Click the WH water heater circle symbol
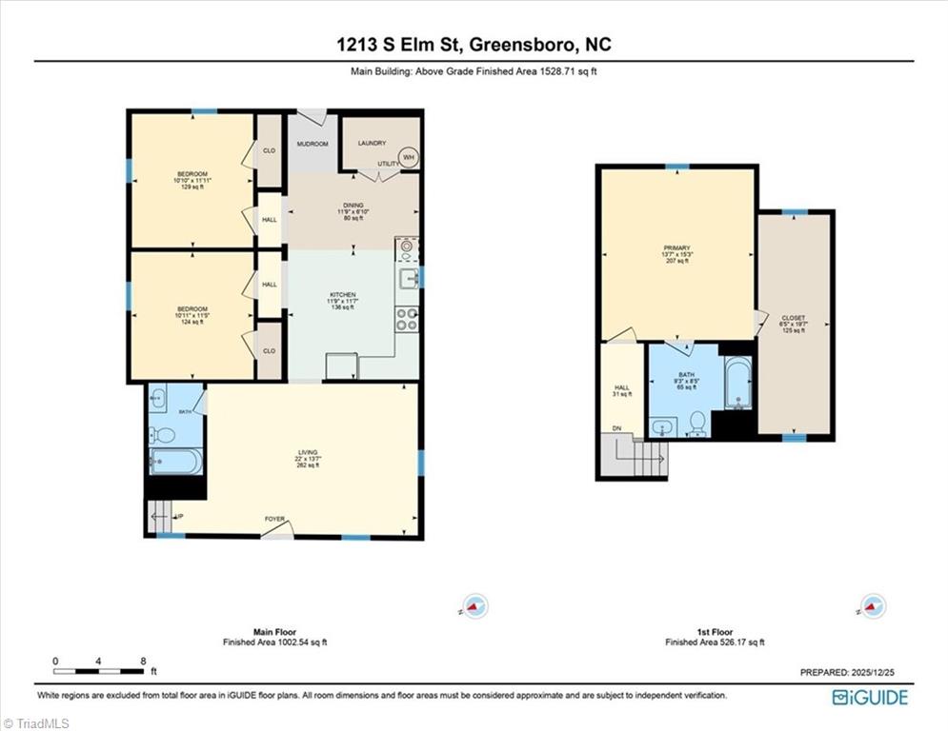pos(408,157)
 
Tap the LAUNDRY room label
pos(372,144)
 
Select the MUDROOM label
pos(312,144)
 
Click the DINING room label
pos(353,207)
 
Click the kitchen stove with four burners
pos(407,319)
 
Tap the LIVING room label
pos(307,452)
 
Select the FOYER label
pos(275,519)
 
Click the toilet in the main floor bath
pos(163,436)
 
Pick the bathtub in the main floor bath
pos(174,463)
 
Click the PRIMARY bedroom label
pos(676,247)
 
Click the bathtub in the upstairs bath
pos(738,383)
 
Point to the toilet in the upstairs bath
pos(697,422)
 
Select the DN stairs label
pos(615,428)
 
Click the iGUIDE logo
pos(870,698)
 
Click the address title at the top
pos(474,45)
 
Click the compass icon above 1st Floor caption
pos(872,606)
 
